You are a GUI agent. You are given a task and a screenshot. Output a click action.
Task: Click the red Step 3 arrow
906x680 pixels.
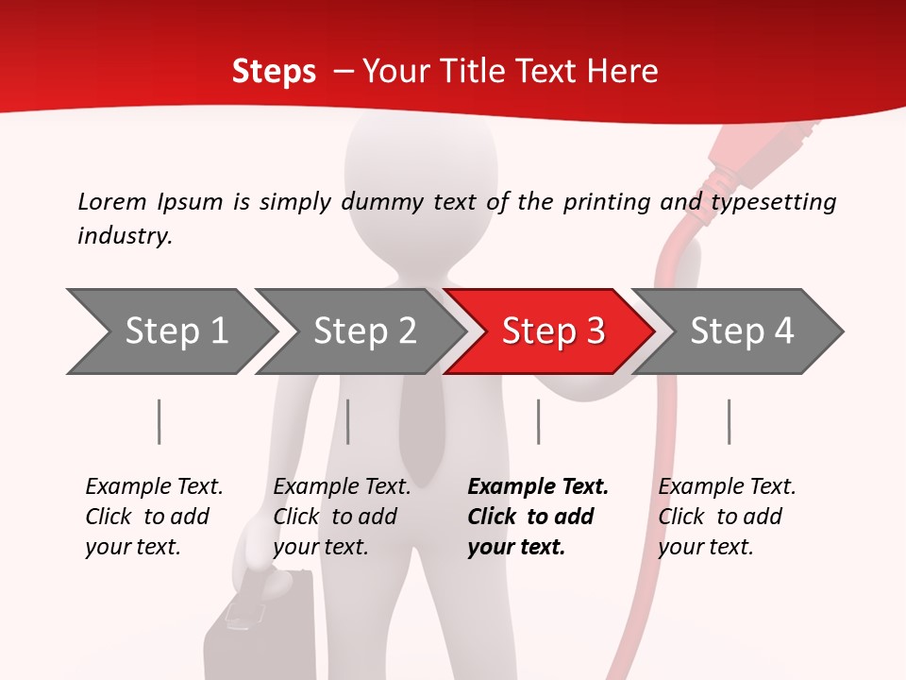552,331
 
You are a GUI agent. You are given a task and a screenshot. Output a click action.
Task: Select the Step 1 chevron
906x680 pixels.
176,331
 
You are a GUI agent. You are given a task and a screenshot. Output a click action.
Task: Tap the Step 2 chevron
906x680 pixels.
364,331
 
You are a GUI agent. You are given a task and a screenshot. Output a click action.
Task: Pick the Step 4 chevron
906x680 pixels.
742,331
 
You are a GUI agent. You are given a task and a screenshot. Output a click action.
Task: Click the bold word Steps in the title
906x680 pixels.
274,72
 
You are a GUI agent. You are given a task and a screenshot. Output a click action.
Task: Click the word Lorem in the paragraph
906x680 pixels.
112,202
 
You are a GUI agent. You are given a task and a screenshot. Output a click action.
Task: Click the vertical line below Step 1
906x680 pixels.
159,422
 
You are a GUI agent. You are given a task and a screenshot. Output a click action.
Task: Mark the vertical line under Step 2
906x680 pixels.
348,422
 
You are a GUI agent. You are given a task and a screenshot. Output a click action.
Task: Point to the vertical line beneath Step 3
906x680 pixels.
538,422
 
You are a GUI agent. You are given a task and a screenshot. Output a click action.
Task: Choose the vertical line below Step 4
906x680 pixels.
729,422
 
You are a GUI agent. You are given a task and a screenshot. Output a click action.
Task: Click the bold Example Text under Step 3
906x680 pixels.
538,487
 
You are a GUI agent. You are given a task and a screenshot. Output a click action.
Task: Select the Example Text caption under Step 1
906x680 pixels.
154,487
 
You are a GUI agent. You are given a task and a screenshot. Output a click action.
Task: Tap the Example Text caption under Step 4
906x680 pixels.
727,487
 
